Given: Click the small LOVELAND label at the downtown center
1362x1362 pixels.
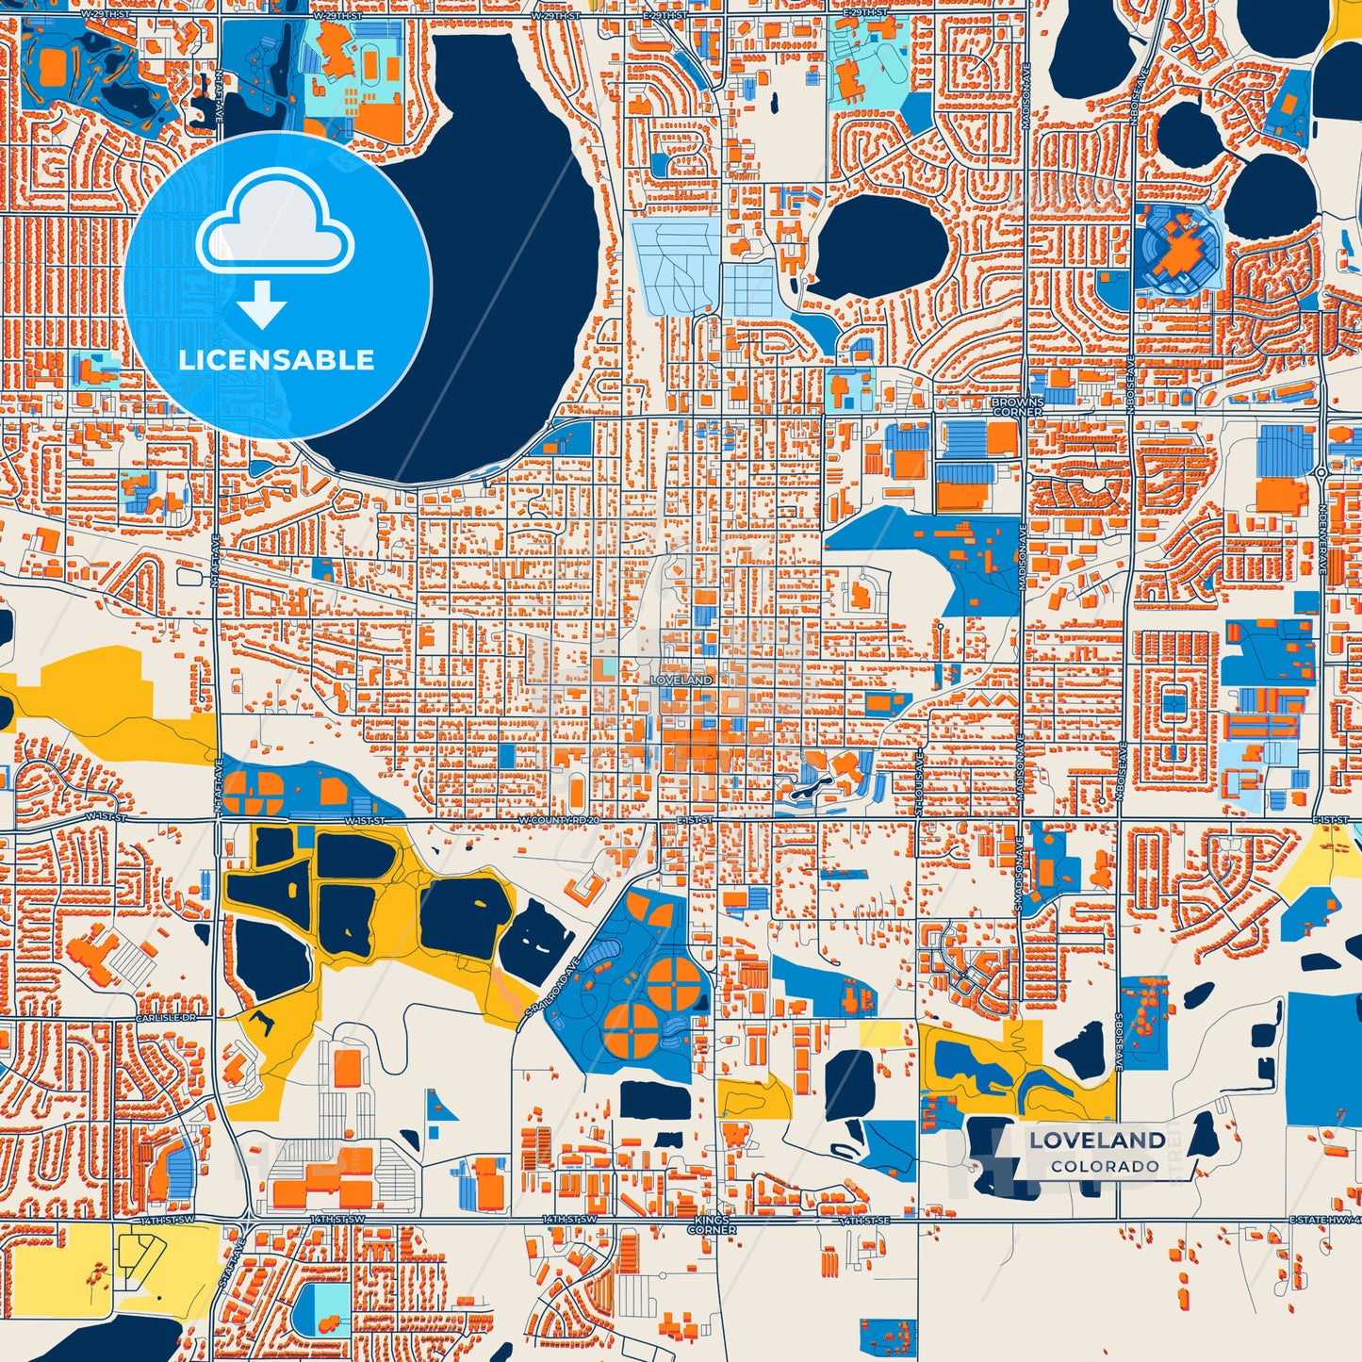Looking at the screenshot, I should (x=681, y=680).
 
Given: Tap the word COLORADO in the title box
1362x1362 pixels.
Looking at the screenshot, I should (x=1105, y=1166).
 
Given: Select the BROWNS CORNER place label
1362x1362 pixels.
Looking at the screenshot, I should (x=1017, y=406).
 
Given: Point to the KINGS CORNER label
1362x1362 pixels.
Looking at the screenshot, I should (x=712, y=1224).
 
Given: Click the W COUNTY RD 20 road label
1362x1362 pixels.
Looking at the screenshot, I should (x=559, y=821).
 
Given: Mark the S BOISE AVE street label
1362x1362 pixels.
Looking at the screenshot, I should (x=1119, y=1042).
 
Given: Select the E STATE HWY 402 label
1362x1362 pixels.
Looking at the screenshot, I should (x=1324, y=1220).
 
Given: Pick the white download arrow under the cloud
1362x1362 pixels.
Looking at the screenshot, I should (x=262, y=303).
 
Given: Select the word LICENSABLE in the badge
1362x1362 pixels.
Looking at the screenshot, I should (x=276, y=360).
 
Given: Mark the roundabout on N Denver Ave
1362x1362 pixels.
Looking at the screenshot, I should (x=1321, y=471).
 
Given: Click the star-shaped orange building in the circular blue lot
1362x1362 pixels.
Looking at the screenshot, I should (x=1179, y=247).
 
